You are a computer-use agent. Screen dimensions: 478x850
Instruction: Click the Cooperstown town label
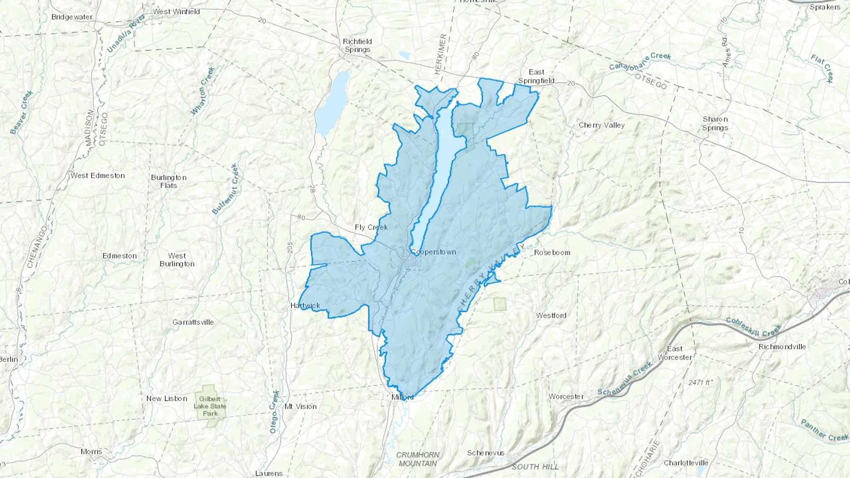(433, 252)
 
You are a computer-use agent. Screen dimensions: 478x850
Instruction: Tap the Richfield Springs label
(357, 45)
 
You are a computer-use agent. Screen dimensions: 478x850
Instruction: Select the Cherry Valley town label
(602, 125)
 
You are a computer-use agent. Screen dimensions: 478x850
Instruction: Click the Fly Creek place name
(371, 227)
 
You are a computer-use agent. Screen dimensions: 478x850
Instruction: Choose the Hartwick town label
(305, 306)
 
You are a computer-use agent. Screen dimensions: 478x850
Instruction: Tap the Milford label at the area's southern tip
(402, 397)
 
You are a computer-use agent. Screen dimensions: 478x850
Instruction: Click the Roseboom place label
(552, 252)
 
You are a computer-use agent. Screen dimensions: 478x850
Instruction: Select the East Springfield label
(536, 76)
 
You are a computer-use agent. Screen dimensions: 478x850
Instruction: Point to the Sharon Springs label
(715, 123)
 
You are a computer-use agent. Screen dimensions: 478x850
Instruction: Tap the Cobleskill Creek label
(753, 327)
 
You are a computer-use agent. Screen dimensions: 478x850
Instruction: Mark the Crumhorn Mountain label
(417, 459)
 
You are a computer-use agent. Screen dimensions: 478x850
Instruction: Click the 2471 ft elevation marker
(700, 382)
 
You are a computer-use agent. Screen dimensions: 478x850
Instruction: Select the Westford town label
(551, 316)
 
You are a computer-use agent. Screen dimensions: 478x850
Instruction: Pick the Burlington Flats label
(169, 181)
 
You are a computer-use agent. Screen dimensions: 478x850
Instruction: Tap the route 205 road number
(289, 247)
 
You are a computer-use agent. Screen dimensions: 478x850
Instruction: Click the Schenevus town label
(485, 453)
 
